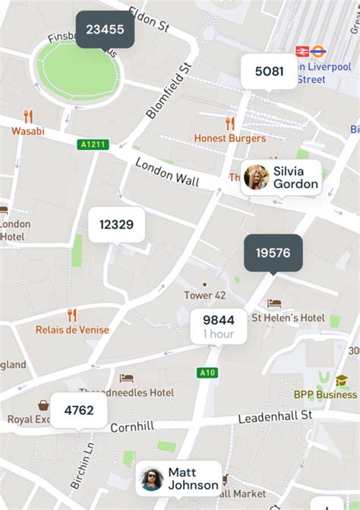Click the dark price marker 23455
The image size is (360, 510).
tap(105, 30)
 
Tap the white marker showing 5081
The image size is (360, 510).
tap(269, 72)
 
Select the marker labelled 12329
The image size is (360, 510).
tap(116, 225)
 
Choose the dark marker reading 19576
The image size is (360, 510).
tap(273, 253)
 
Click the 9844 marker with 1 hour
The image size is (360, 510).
tap(218, 326)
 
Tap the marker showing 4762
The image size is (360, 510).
tap(79, 411)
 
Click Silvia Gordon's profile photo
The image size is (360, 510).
tap(256, 178)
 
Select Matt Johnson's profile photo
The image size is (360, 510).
tap(153, 479)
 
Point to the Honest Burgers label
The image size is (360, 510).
tap(230, 138)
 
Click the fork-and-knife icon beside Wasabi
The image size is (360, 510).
tap(28, 116)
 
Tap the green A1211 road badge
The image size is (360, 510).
tap(93, 144)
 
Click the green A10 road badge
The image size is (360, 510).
tap(207, 373)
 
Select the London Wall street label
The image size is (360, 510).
tap(167, 172)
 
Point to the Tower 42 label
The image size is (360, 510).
tap(204, 295)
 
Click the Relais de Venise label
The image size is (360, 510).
tap(72, 330)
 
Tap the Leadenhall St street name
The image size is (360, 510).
tap(275, 416)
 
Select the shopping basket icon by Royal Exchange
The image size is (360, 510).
tap(44, 405)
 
